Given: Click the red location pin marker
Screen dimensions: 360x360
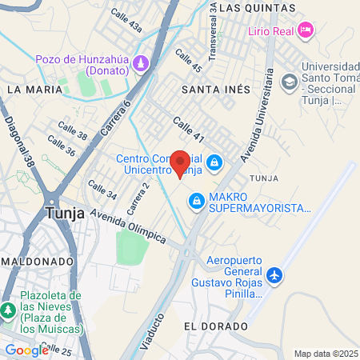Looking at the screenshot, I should click(x=180, y=164).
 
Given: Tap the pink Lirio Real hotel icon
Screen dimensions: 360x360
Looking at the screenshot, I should click(x=305, y=30).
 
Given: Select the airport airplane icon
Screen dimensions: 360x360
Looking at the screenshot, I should click(x=275, y=275).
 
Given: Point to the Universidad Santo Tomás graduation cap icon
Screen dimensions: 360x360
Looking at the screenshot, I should click(x=288, y=81).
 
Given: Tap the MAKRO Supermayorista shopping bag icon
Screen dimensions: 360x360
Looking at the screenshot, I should click(x=196, y=200).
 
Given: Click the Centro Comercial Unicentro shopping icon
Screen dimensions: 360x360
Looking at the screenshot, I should click(x=214, y=164).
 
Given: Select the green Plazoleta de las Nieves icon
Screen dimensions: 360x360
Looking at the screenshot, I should click(x=9, y=310).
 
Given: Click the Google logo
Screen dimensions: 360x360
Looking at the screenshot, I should click(x=26, y=350).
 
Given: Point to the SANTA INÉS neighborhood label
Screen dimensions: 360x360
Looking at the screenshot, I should click(x=216, y=89).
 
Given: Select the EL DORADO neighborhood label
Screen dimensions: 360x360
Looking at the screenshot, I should click(x=211, y=326).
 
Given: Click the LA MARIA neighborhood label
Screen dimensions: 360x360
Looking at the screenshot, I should click(x=34, y=90).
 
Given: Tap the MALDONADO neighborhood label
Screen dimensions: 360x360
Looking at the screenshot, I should click(x=38, y=262).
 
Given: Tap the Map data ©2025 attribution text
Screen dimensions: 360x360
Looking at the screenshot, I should click(x=325, y=354).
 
